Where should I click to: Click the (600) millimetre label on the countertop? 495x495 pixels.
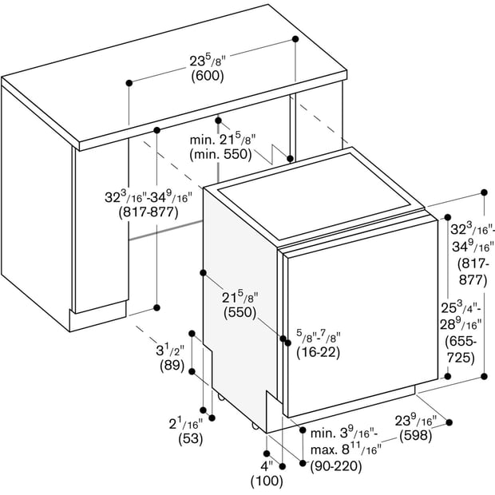[208, 76]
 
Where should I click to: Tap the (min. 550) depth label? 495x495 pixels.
[220, 154]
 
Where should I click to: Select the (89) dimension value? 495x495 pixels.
[172, 365]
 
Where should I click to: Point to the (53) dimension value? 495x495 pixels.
[190, 438]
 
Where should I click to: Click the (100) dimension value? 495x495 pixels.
[267, 481]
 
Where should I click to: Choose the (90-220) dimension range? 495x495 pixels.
[336, 466]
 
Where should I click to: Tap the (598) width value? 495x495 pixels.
[415, 436]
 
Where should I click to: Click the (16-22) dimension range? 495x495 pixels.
[319, 352]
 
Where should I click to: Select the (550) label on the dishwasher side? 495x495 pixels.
[240, 312]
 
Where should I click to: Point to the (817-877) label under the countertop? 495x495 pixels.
[148, 212]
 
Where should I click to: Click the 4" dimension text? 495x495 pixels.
[267, 465]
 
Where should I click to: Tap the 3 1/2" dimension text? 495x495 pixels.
[170, 350]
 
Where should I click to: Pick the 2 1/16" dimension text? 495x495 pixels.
[186, 423]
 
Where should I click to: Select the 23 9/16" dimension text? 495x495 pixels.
[416, 421]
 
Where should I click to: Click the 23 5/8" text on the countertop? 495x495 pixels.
[208, 61]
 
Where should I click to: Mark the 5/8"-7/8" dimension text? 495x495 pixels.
[319, 337]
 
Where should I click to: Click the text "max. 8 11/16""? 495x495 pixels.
[346, 449]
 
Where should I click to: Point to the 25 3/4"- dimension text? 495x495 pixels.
[461, 307]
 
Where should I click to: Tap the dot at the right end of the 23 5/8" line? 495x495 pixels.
[295, 39]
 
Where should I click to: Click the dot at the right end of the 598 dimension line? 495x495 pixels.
[449, 422]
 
